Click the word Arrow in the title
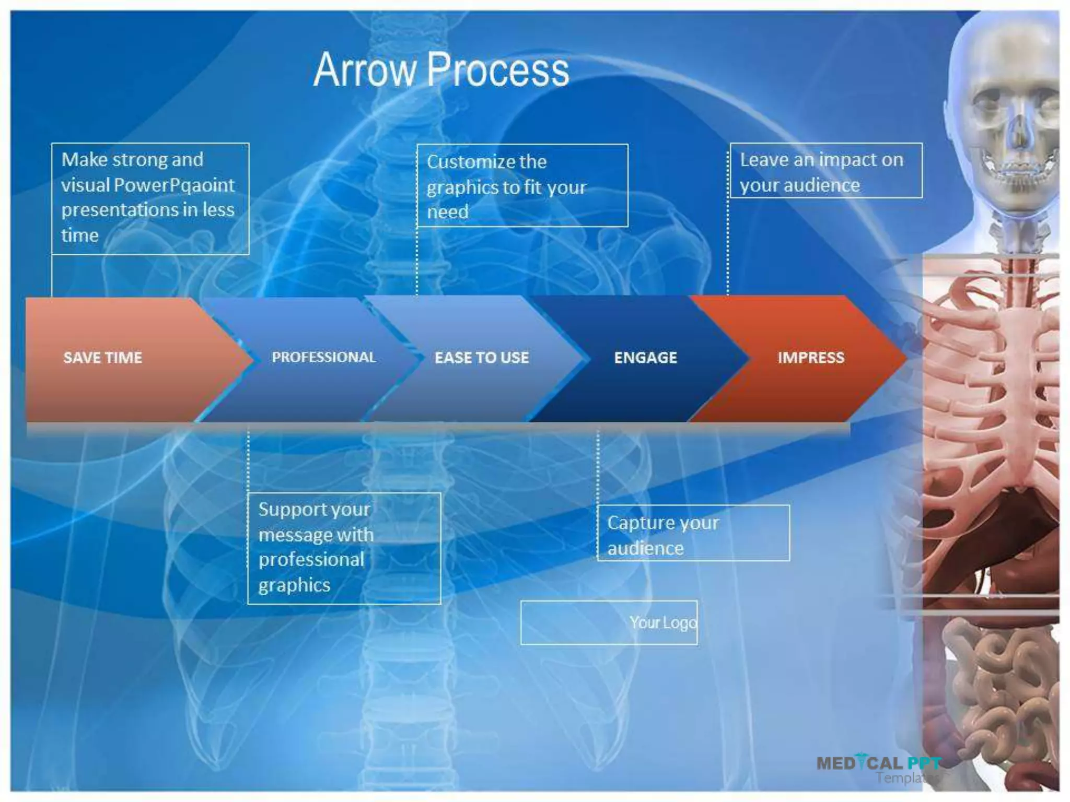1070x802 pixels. click(364, 70)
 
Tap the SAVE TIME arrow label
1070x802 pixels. click(102, 358)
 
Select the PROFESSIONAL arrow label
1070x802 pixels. click(323, 357)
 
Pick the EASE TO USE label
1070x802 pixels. click(482, 358)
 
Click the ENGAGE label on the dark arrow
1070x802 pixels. click(645, 358)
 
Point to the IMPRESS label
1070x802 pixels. click(810, 358)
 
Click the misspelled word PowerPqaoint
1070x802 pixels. click(174, 185)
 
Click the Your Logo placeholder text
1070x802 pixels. click(662, 623)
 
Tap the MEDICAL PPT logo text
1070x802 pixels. click(878, 763)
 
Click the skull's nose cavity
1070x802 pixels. click(1018, 133)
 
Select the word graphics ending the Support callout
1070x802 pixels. click(294, 585)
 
